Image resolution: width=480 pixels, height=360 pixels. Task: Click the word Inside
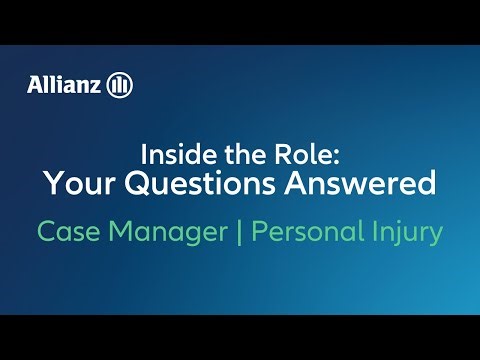tap(171, 156)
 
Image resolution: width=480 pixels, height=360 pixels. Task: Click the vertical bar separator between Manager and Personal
tap(240, 233)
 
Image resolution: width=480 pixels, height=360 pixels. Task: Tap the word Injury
tap(406, 234)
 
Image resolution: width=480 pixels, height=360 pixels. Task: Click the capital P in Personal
tap(258, 233)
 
